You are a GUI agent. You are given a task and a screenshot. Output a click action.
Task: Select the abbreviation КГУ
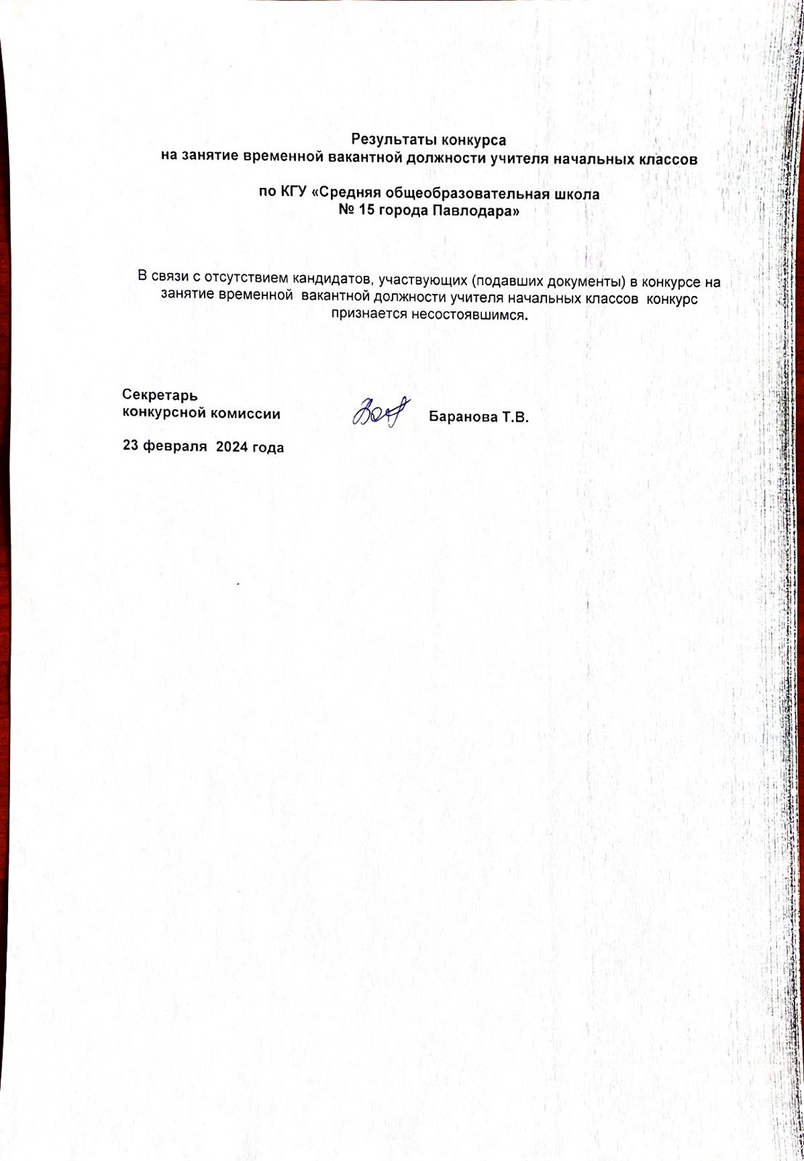296,194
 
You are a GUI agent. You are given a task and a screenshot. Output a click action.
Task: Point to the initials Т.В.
516,418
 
